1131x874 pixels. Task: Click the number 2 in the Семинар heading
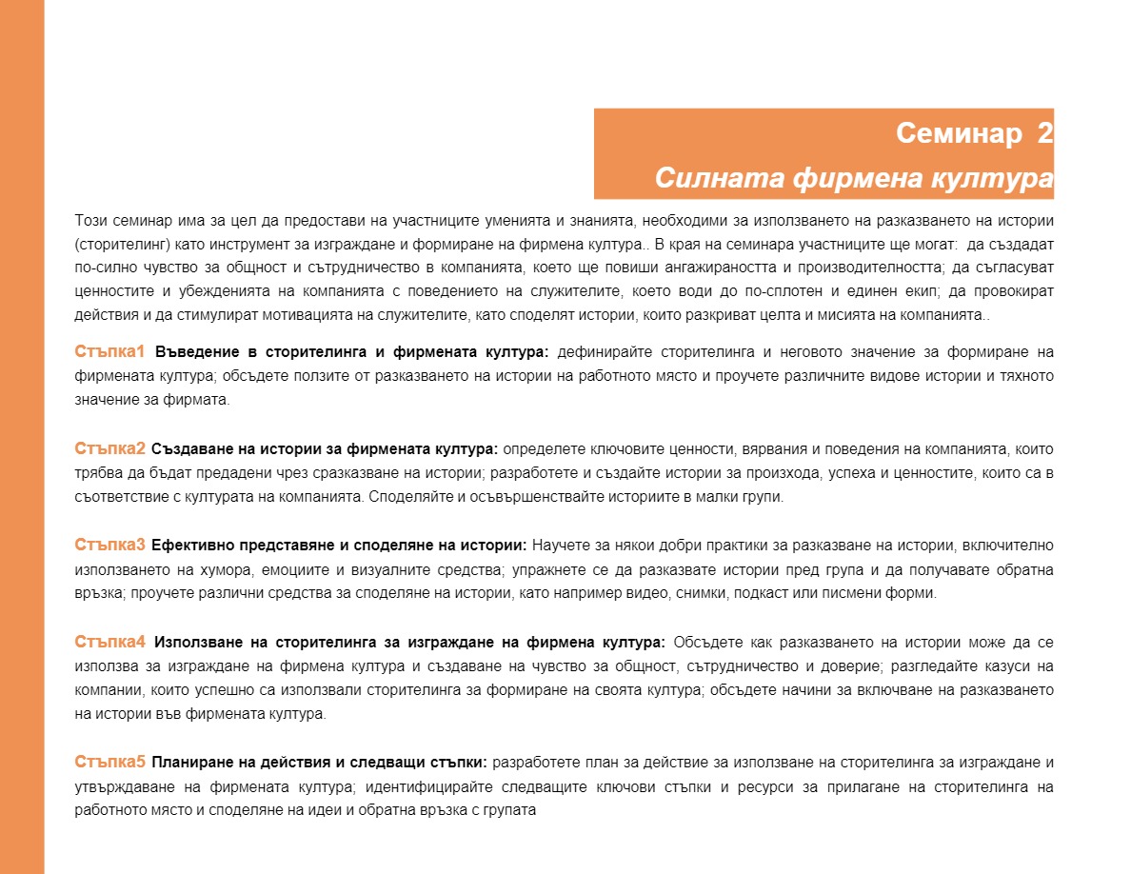(1044, 133)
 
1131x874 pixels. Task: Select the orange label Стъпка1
(110, 352)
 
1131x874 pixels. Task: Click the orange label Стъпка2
(110, 448)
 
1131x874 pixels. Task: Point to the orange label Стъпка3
(110, 546)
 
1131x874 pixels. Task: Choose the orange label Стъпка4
(110, 641)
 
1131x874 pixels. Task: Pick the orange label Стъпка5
(110, 762)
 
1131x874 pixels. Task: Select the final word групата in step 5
(512, 811)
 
